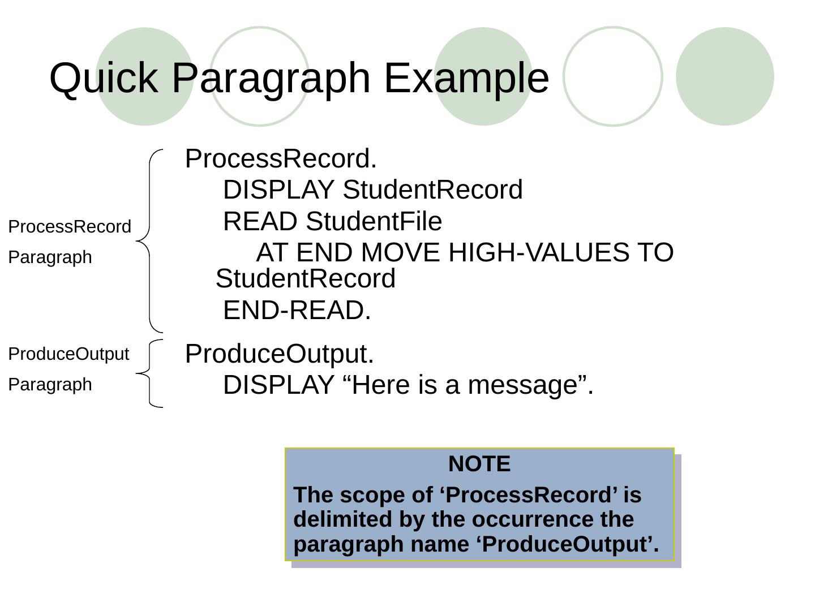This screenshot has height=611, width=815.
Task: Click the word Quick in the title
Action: (x=103, y=78)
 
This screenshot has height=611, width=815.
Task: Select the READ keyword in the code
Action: (x=261, y=221)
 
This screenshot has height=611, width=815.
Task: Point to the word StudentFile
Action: (x=374, y=221)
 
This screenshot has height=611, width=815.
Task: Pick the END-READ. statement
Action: (x=297, y=310)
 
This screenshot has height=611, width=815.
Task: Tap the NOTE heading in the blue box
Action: (x=479, y=464)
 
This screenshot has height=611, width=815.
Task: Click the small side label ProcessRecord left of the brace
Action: (x=70, y=227)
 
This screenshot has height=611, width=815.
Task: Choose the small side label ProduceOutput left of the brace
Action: (x=68, y=354)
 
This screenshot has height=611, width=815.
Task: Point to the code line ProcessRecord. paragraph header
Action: (x=281, y=159)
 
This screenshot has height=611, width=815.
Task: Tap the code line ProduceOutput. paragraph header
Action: (x=280, y=354)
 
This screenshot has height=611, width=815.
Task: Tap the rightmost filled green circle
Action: (x=725, y=76)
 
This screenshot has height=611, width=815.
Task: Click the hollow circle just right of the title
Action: (x=613, y=76)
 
